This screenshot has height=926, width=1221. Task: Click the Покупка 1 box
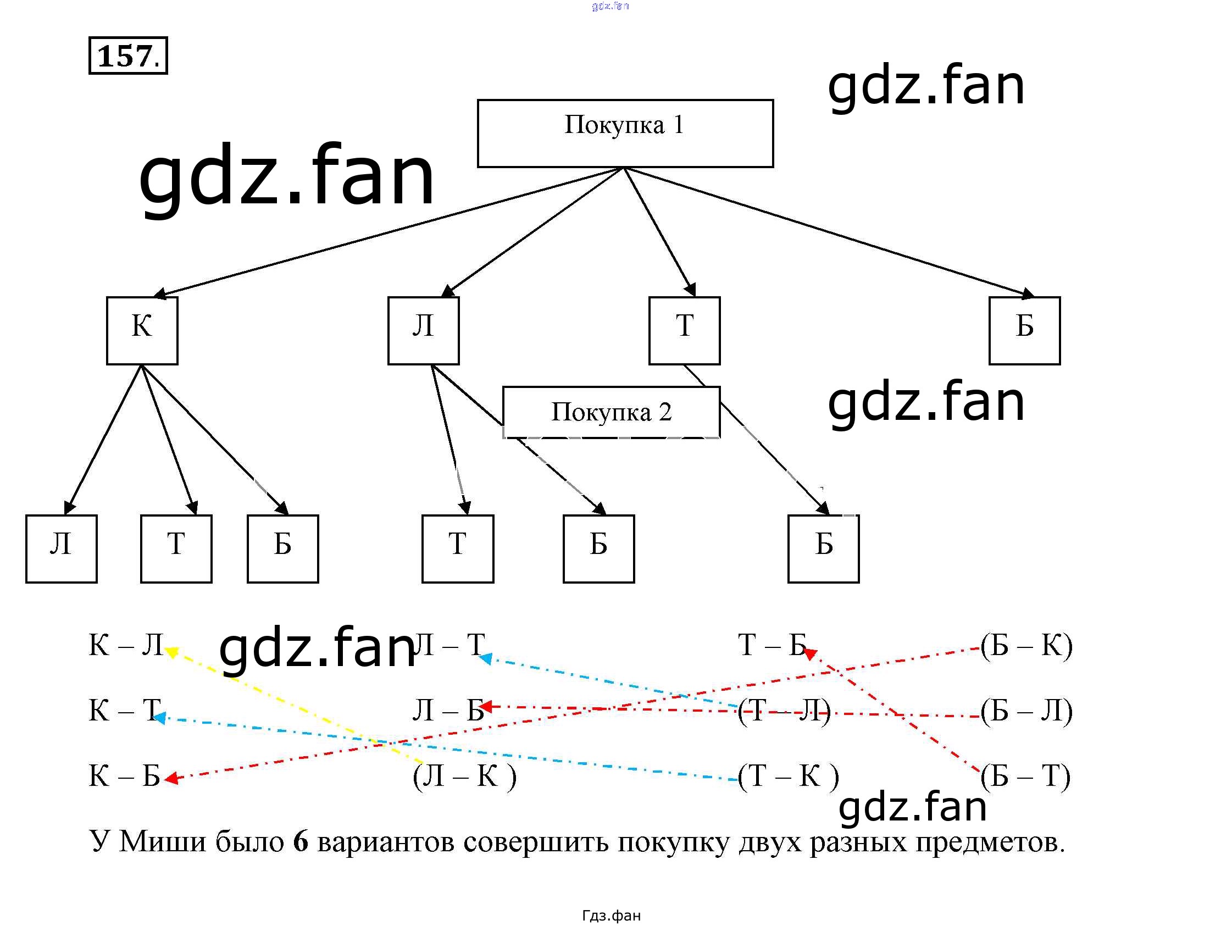[x=624, y=133]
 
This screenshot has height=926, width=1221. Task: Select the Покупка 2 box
[x=611, y=413]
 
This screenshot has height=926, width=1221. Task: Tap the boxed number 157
[x=128, y=56]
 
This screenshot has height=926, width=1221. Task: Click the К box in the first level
[x=142, y=330]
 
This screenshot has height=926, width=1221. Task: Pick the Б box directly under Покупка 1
[x=1024, y=330]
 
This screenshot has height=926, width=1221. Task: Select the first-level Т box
[x=684, y=330]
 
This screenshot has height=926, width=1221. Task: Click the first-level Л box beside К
[x=423, y=330]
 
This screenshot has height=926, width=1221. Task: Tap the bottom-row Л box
[x=62, y=548]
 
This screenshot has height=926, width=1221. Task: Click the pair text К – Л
[x=126, y=645]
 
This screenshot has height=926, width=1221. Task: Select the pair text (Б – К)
[x=1026, y=645]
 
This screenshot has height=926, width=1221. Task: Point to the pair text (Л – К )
[x=464, y=776]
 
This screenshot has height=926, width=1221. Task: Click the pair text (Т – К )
[x=787, y=776]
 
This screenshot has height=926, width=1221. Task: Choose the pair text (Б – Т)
[x=1025, y=776]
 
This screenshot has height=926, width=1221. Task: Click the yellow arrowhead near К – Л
[x=171, y=652]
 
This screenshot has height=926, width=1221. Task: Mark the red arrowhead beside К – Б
[x=170, y=778]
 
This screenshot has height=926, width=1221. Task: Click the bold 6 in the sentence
[x=300, y=841]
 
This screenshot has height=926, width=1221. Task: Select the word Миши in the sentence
[x=162, y=841]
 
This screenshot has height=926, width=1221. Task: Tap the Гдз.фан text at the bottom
[x=611, y=915]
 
